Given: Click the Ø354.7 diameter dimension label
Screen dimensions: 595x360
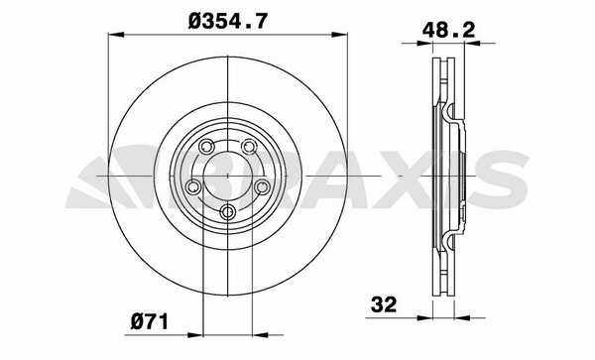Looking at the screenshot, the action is coord(228,21).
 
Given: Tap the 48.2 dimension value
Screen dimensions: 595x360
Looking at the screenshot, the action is coord(448,30).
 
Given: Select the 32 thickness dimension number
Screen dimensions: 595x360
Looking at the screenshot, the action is coord(384,304).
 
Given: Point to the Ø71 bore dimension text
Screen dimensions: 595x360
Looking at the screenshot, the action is coord(149,322).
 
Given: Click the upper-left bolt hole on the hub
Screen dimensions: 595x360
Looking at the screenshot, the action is coord(206,147).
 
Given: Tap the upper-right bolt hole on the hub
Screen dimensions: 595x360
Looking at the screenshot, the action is coord(249,147).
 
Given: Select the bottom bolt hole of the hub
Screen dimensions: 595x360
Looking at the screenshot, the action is coord(228,211).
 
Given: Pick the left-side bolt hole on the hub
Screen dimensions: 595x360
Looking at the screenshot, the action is coord(193,186).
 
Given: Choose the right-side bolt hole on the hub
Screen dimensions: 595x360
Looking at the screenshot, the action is coord(262,186).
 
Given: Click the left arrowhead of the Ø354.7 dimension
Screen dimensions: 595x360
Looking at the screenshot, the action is coord(116,35).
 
